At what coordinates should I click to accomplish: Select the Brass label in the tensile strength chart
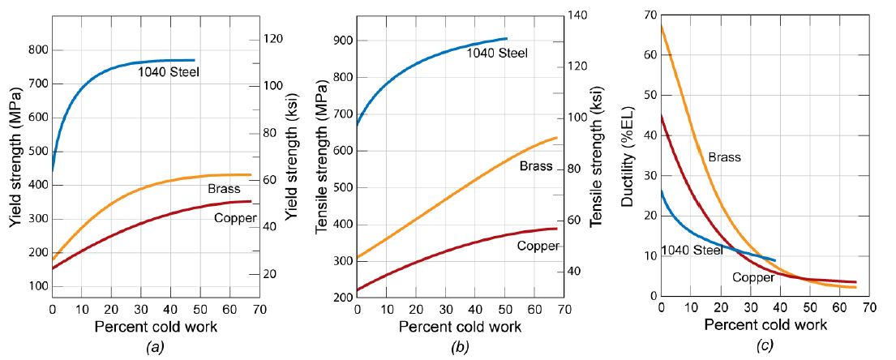coord(536,166)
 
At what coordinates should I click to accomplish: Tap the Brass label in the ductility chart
coord(724,157)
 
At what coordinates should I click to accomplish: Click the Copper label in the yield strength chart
coord(235,218)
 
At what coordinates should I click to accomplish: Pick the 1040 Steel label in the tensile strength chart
coord(496,54)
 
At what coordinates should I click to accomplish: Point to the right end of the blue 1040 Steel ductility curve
coord(775,261)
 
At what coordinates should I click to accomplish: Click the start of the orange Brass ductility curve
coord(662,27)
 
